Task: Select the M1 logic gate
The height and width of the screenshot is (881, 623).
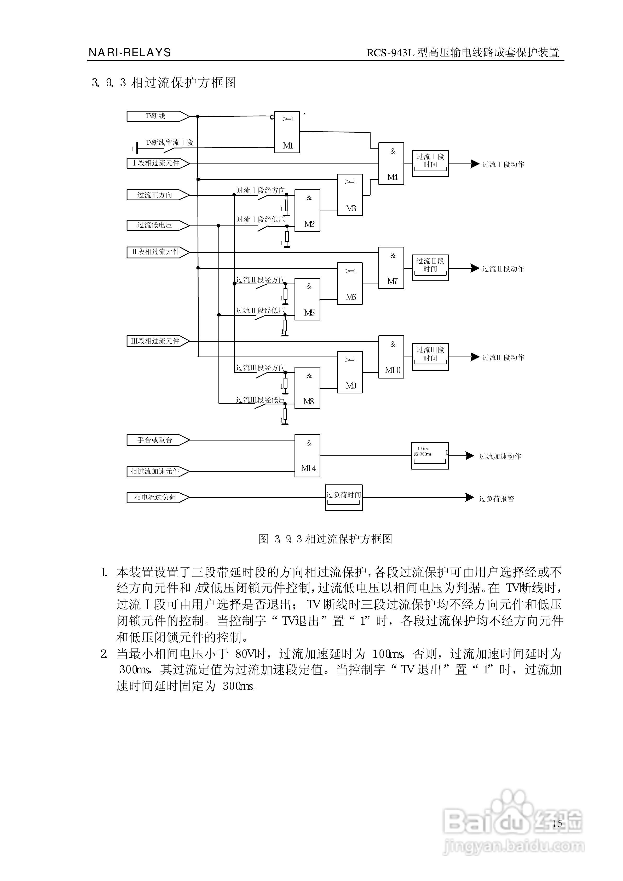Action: click(x=287, y=132)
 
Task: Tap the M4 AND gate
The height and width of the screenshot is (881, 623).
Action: click(x=391, y=163)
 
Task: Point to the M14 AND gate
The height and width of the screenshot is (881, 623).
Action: click(x=307, y=456)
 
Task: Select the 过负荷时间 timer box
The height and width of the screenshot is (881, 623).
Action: click(x=344, y=498)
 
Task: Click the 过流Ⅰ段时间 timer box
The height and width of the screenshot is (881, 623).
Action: click(x=430, y=163)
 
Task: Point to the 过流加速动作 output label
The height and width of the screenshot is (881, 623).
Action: click(x=500, y=456)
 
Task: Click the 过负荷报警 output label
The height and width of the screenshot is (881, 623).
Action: click(x=497, y=499)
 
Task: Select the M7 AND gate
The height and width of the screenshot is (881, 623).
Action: click(x=391, y=268)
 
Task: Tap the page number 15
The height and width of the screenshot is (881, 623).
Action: click(x=557, y=823)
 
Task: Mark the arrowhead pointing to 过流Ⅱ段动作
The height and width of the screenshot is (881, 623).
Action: click(x=475, y=268)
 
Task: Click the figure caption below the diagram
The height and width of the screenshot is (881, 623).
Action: click(x=325, y=539)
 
